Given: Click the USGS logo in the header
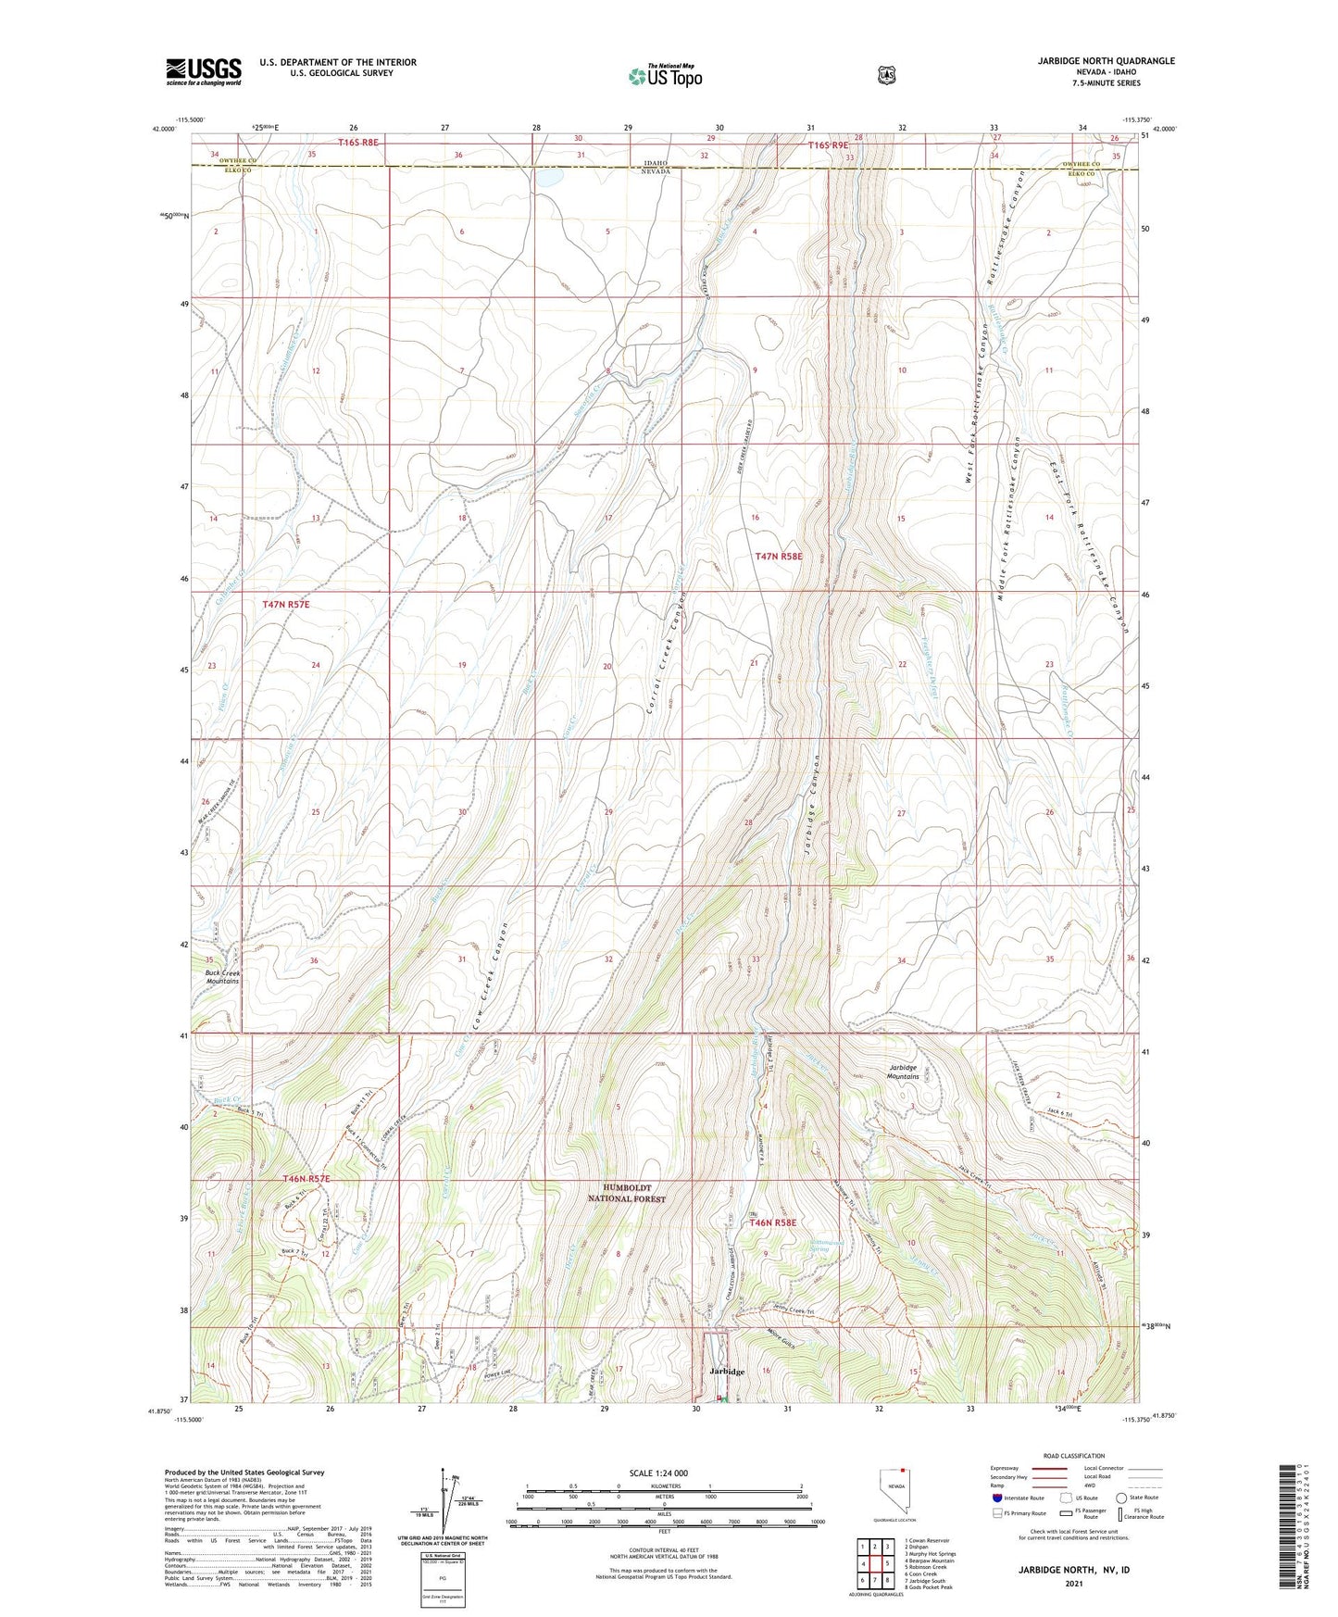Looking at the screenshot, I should (204, 71).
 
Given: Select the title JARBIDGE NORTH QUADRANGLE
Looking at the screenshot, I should (1093, 61).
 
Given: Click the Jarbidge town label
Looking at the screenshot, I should (726, 1371).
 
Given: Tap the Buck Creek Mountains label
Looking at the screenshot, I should (222, 977).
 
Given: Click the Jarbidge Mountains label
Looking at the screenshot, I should (903, 1072).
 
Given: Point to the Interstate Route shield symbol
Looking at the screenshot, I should (996, 1498).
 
